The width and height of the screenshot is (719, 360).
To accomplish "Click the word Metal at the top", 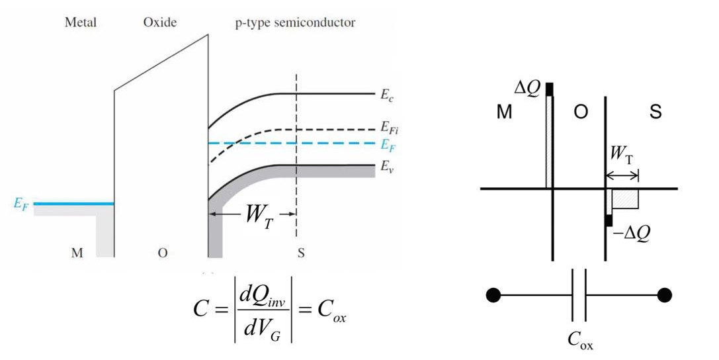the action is (x=80, y=22).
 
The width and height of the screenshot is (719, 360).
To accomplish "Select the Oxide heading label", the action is (x=160, y=22).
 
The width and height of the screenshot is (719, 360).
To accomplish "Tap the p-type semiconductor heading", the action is (x=295, y=22).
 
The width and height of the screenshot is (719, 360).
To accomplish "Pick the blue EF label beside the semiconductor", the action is (x=387, y=143).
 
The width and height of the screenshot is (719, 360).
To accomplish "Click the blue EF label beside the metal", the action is (x=22, y=204).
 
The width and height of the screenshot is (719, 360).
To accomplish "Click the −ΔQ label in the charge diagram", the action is (x=632, y=232).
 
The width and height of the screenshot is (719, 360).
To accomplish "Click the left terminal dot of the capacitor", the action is (x=493, y=295).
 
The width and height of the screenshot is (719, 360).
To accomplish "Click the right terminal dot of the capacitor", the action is (x=665, y=295).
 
